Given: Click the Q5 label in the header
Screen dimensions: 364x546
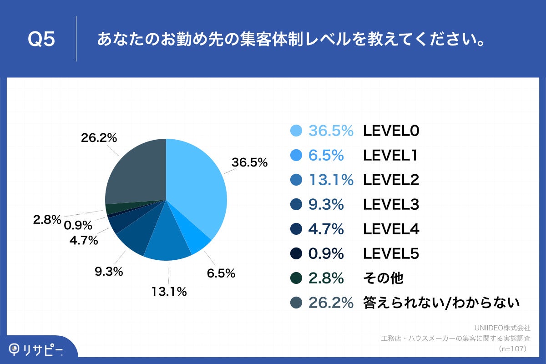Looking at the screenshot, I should coord(41,40).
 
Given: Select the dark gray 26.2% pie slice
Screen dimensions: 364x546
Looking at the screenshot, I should coord(136,173).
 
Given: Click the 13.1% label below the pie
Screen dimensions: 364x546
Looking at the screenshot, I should coord(169,292).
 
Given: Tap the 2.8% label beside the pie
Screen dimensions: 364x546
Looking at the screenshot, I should coord(47,220).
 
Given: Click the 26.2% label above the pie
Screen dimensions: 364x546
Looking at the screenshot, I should coord(99,137).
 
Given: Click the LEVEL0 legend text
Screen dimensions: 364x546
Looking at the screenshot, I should coord(390,131).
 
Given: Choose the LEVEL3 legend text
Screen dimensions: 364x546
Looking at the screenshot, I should coord(390,205).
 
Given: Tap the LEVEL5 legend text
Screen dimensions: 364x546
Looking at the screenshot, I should coord(390,254).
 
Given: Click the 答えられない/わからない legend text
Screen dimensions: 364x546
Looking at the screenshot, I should coord(441,303).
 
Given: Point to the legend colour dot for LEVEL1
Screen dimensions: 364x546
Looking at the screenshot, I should coord(296,156).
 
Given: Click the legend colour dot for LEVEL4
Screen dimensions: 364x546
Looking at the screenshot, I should coord(296,229).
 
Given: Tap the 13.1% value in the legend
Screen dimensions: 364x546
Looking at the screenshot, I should coord(331,180).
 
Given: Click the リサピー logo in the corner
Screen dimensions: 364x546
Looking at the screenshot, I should coord(36,349).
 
